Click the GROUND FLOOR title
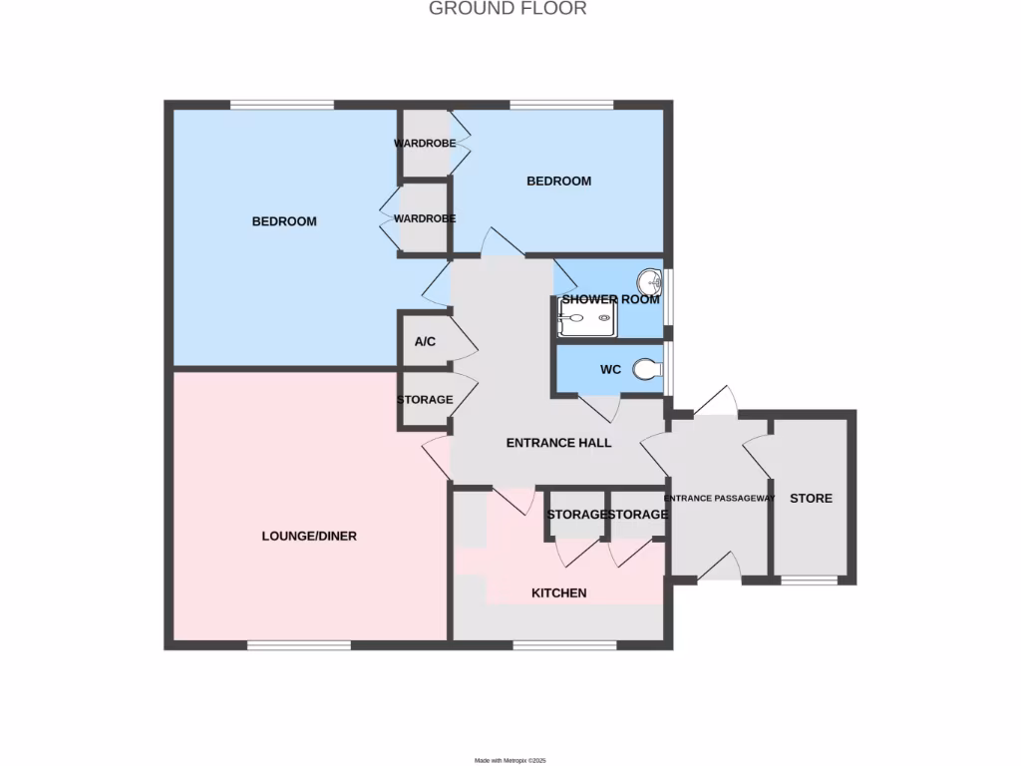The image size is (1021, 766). [508, 9]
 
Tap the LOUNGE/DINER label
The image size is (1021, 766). [309, 536]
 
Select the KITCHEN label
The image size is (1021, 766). [558, 593]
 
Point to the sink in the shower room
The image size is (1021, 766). [649, 278]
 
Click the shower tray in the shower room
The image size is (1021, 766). [586, 321]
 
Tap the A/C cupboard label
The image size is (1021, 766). [425, 342]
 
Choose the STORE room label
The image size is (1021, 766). [811, 498]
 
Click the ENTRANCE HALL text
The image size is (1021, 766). [558, 443]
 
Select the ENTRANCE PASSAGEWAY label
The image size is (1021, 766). [719, 499]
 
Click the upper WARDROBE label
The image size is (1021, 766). [425, 144]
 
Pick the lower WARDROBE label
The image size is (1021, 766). [425, 218]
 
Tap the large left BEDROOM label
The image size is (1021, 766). [284, 221]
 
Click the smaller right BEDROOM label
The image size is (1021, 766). [558, 182]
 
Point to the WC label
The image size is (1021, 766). [611, 370]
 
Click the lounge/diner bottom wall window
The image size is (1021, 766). [299, 645]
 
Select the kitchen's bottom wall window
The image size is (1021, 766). [564, 645]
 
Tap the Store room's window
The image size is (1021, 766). [809, 579]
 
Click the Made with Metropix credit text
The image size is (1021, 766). [510, 761]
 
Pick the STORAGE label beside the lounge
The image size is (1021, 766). [425, 400]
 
